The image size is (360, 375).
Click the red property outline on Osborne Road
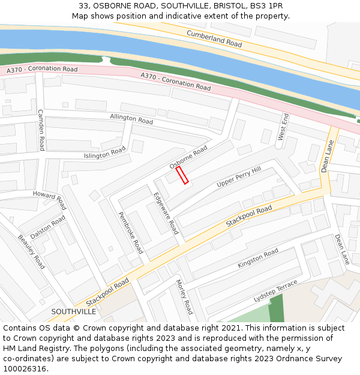(x=182, y=175)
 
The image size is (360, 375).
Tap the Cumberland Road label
(x=214, y=39)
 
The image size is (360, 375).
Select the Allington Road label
(x=131, y=119)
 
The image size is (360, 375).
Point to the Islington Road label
(x=104, y=152)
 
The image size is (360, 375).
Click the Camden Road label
(x=41, y=130)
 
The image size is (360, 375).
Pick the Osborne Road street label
(x=188, y=157)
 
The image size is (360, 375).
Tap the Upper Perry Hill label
(x=239, y=177)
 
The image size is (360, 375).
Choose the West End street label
(x=283, y=127)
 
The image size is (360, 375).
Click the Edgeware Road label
(x=166, y=213)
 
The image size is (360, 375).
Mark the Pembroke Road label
(x=130, y=233)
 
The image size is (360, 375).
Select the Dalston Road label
(x=47, y=227)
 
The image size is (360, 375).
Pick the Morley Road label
(x=184, y=296)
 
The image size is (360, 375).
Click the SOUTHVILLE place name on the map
(x=74, y=311)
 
